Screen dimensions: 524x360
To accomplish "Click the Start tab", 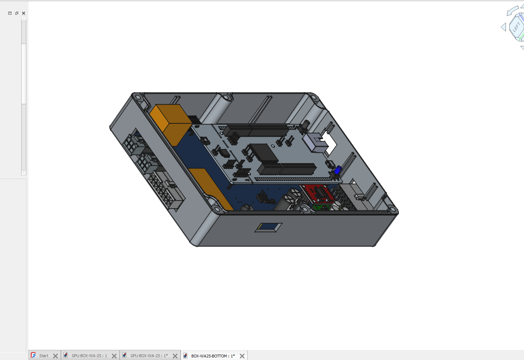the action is click(44, 356).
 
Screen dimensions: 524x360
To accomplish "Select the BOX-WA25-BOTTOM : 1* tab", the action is click(213, 356).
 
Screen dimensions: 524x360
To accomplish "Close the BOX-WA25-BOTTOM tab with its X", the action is click(242, 356).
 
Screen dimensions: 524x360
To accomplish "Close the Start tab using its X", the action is click(55, 356).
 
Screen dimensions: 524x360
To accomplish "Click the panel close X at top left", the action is click(23, 13).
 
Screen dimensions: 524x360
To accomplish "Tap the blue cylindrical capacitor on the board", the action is click(338, 170).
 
